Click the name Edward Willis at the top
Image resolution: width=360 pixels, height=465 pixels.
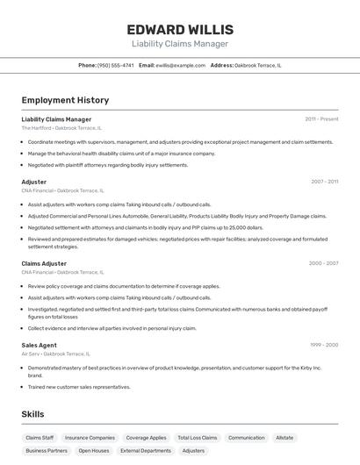pos(180,29)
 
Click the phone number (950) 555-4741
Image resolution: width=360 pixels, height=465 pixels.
pos(116,65)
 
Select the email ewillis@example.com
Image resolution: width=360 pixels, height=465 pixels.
pos(180,65)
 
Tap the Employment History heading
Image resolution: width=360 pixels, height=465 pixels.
pos(65,100)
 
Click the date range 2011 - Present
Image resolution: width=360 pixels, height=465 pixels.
pos(321,119)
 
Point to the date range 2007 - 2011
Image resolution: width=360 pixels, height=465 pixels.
pos(324,182)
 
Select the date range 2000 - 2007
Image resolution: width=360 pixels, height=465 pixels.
pos(323,263)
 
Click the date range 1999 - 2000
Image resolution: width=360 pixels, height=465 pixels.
pos(324,345)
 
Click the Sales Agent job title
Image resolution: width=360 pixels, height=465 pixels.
pos(39,345)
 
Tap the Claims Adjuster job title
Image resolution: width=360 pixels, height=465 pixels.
pos(44,263)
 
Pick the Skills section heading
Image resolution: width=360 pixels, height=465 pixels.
pos(33,414)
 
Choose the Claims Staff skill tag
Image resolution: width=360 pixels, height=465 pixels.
pos(40,437)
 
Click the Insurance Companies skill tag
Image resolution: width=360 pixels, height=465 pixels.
pos(90,437)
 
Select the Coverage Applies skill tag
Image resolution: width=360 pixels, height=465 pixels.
pos(146,437)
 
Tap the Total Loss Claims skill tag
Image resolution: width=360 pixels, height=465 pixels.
pos(197,437)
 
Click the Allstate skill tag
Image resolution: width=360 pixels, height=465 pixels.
pos(284,437)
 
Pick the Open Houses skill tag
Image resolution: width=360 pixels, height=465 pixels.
pos(94,451)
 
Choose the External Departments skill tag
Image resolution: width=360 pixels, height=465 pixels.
pos(146,451)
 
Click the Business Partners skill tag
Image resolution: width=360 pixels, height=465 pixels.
pos(47,451)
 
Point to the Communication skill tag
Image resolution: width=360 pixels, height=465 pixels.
pos(246,437)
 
